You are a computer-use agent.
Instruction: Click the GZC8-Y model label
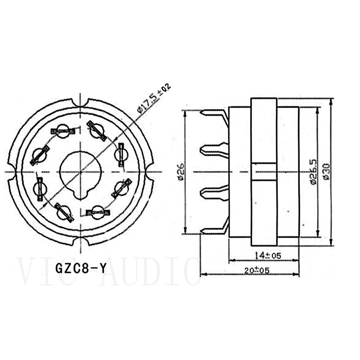(80, 268)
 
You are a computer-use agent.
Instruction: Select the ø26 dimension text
(180, 171)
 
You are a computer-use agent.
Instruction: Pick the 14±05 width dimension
(268, 256)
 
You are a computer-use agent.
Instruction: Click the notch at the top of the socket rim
(80, 102)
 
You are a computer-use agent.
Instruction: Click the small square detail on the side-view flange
(264, 171)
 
